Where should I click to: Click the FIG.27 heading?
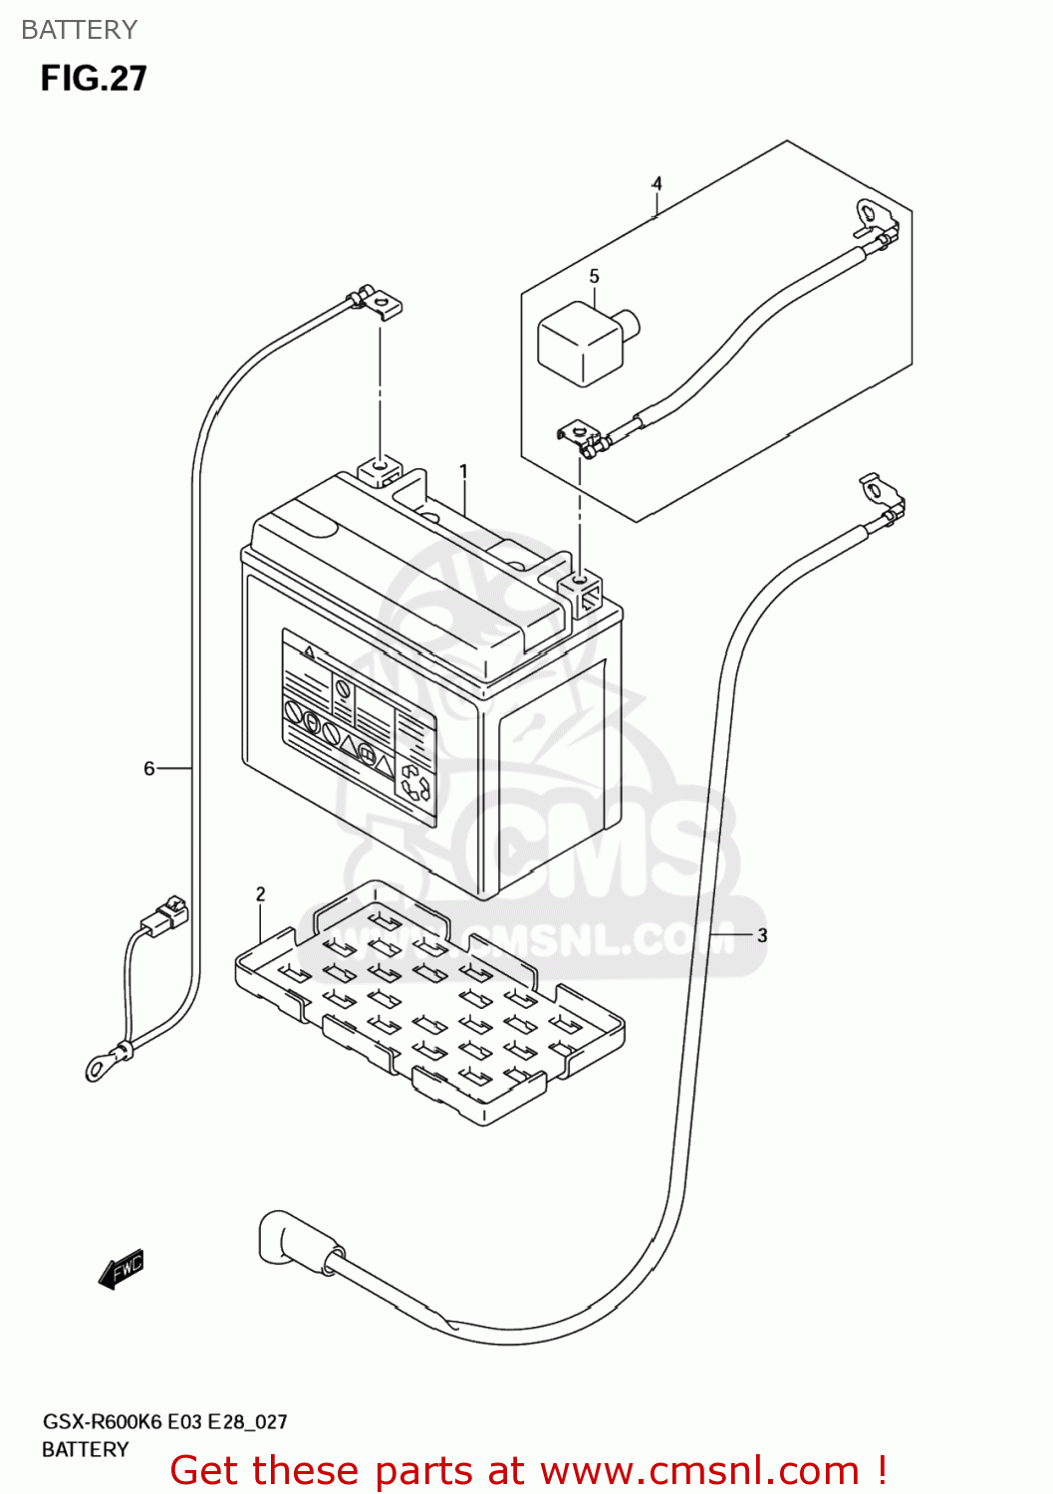(x=94, y=79)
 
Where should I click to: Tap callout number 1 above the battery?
(x=463, y=471)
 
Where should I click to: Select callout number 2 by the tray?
(x=261, y=894)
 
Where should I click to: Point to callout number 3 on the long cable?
(x=762, y=935)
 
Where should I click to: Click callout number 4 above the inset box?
(x=657, y=184)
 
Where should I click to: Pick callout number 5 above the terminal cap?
(x=594, y=276)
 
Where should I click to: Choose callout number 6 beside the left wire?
(x=149, y=768)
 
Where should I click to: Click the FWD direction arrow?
(x=122, y=1269)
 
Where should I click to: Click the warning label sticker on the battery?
(x=359, y=727)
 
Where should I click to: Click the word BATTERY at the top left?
(x=79, y=30)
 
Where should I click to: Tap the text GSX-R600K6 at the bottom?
(x=102, y=1421)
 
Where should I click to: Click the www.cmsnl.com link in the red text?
(x=700, y=1470)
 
